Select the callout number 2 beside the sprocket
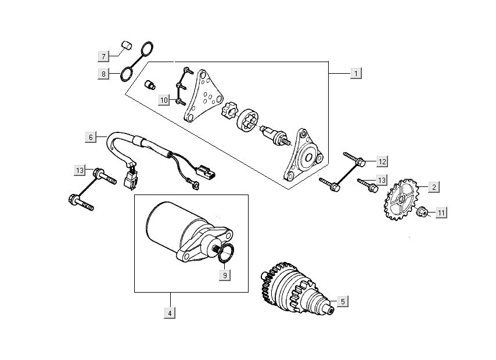click(x=433, y=187)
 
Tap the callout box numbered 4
click(x=170, y=313)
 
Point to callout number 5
click(x=343, y=301)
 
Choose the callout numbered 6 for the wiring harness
click(x=91, y=137)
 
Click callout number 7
click(x=103, y=56)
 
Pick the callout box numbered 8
click(x=103, y=74)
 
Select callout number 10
click(x=164, y=100)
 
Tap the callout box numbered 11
click(x=441, y=213)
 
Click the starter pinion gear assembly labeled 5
click(x=293, y=287)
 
